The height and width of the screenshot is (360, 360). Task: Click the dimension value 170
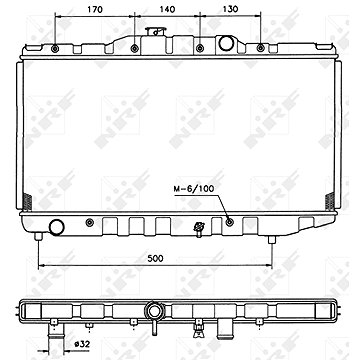tap(94, 10)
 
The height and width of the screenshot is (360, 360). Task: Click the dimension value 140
tap(167, 10)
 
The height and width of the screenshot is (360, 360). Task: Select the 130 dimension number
tap(230, 10)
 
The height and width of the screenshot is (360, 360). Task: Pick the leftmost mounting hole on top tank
tap(54, 48)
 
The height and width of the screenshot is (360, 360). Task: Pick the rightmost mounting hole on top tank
tap(260, 48)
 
